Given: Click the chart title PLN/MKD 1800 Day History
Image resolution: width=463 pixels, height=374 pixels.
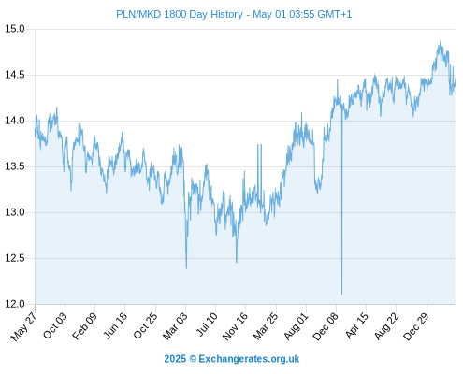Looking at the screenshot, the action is pos(180,14).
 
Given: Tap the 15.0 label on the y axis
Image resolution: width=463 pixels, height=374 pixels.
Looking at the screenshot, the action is pos(15,29).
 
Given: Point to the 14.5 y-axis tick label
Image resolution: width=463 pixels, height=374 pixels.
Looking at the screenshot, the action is pos(15,75).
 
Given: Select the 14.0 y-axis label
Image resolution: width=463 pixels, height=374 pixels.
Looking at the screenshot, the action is pos(15,121).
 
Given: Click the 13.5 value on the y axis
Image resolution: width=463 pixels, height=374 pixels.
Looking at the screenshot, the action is pos(15,166).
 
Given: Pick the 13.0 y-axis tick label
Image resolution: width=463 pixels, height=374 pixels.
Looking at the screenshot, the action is pos(15,212).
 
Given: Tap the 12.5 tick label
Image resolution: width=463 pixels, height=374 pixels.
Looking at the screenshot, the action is pos(15,258).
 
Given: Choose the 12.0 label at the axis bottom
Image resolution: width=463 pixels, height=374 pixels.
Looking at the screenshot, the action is pos(15,304).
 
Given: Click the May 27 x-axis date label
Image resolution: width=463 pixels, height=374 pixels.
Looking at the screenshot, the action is pos(23,326).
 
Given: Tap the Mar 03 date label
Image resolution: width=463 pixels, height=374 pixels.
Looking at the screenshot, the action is pos(175,326).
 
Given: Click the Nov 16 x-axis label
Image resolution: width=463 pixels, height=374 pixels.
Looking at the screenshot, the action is pos(235,326).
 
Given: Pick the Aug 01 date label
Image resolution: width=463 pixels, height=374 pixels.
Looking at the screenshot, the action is pos(296,326).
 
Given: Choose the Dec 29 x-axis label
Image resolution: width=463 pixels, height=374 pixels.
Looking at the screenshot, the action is pos(416,326).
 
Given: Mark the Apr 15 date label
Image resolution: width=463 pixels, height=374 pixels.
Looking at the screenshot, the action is pos(356,325).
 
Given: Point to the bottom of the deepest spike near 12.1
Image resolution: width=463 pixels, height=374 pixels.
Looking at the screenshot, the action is pos(341,294).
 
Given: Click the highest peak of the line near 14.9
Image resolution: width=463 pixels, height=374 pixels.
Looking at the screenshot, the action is pos(441,39).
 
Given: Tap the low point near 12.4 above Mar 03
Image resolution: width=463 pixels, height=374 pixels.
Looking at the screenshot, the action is pos(186,268).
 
